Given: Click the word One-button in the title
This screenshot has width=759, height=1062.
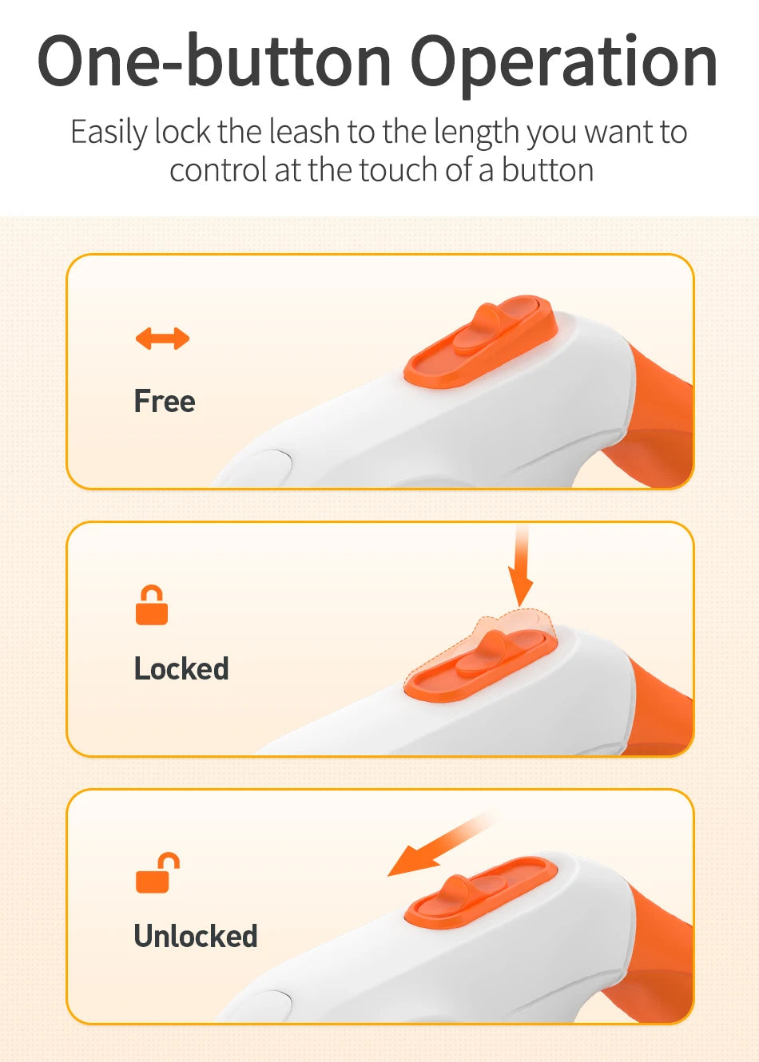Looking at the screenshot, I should pyautogui.click(x=214, y=61).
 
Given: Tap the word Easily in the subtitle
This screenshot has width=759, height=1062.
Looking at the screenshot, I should pyautogui.click(x=109, y=133).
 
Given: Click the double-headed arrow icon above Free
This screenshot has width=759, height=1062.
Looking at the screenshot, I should pyautogui.click(x=162, y=339).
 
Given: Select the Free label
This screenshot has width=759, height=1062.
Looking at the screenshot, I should pyautogui.click(x=165, y=401).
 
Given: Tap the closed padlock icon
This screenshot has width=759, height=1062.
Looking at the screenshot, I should pyautogui.click(x=152, y=605).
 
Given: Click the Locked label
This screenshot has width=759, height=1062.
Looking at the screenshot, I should pyautogui.click(x=181, y=668).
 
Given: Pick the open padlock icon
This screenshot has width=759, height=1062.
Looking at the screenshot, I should pyautogui.click(x=157, y=873).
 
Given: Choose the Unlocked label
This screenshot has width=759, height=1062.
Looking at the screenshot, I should pyautogui.click(x=196, y=936).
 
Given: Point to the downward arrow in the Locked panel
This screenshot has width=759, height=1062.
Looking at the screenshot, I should pyautogui.click(x=521, y=568).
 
